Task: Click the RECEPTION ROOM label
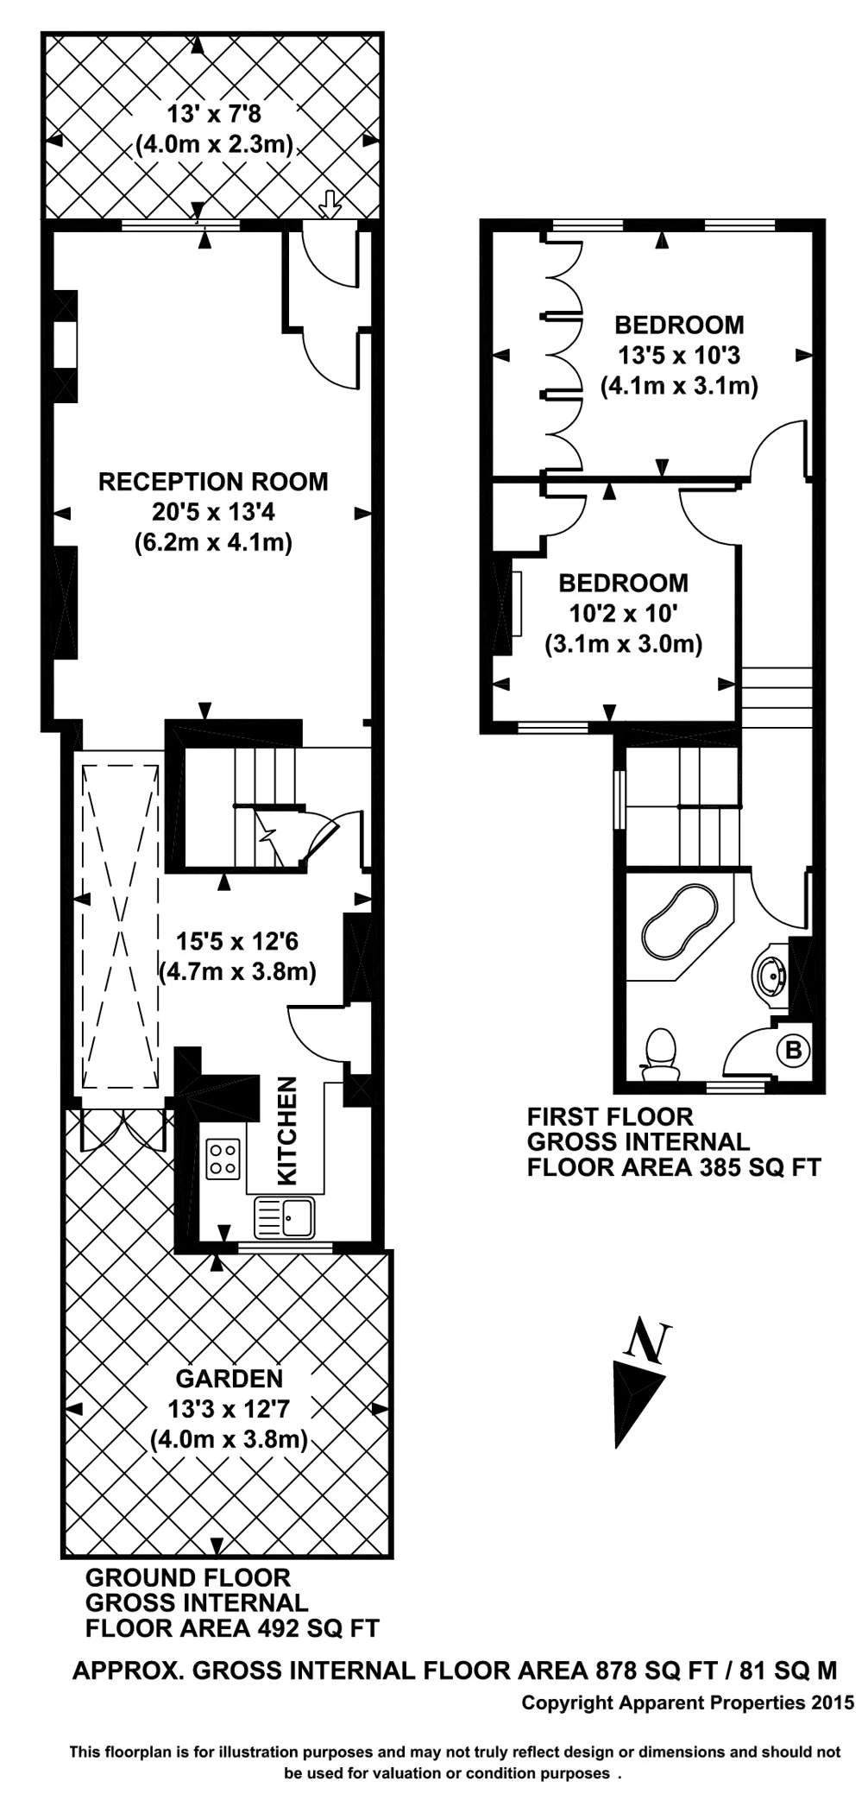pyautogui.click(x=213, y=482)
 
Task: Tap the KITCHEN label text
pyautogui.click(x=287, y=1130)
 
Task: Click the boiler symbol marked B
pyautogui.click(x=793, y=1051)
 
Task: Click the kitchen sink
pyautogui.click(x=285, y=1217)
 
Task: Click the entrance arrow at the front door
pyautogui.click(x=330, y=205)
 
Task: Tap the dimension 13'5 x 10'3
pyautogui.click(x=679, y=355)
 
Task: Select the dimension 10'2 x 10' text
pyautogui.click(x=623, y=614)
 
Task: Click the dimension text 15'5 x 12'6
pyautogui.click(x=237, y=941)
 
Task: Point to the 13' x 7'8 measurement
pyautogui.click(x=213, y=113)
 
